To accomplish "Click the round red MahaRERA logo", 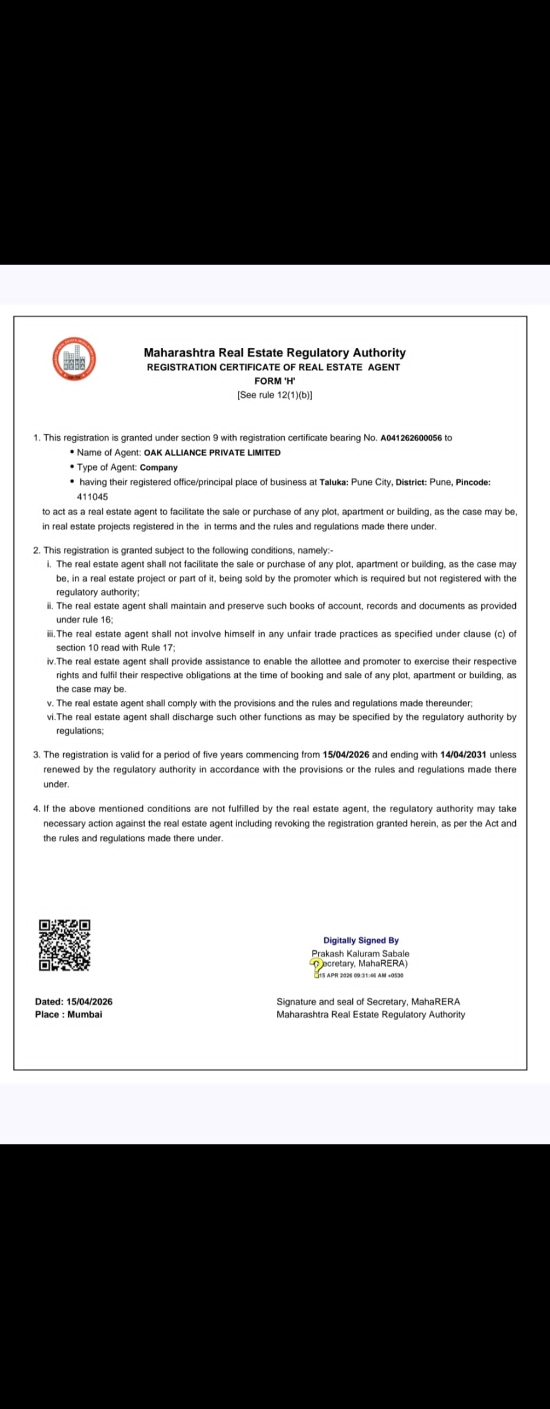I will point(74,358).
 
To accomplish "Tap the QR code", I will point(64,945).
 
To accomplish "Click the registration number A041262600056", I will point(411,438).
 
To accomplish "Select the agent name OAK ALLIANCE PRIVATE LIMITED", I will point(212,453).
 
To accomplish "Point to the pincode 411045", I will point(92,497).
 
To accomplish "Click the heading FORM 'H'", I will point(274,381).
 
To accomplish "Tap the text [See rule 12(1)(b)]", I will point(274,395).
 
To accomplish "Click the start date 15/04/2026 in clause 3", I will point(346,755).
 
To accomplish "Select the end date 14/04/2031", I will point(462,755).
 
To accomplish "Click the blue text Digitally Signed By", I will point(361,941).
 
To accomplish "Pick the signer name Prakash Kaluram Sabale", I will point(360,954).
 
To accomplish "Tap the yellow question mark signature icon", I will point(316,965).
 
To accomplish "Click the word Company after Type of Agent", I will point(158,468).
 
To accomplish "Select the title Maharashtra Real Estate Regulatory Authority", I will point(274,353).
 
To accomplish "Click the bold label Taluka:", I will point(334,482).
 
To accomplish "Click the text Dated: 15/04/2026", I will point(74,1002).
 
